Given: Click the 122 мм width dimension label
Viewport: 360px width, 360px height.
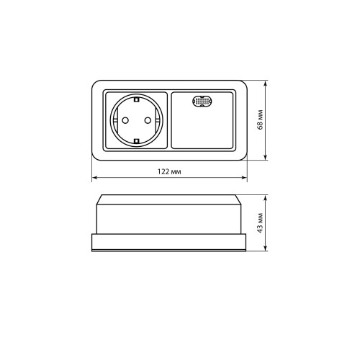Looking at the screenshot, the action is click(x=169, y=171).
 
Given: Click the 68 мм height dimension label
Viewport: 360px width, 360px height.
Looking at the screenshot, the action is click(x=260, y=120).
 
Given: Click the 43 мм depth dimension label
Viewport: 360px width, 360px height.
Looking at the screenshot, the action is click(x=260, y=222).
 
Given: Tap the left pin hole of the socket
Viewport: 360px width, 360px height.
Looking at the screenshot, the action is click(x=125, y=120).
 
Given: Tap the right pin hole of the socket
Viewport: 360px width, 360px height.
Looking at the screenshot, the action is click(x=148, y=120).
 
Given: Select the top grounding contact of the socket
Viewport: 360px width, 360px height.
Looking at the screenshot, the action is click(x=137, y=99).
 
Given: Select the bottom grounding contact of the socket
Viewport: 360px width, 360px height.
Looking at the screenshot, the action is click(x=137, y=141).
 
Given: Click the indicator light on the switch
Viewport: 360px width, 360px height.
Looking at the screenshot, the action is click(x=202, y=101).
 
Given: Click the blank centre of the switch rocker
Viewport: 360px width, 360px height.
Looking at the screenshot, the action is click(x=202, y=127).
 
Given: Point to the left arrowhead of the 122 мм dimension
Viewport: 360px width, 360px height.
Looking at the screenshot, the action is click(x=94, y=178).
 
